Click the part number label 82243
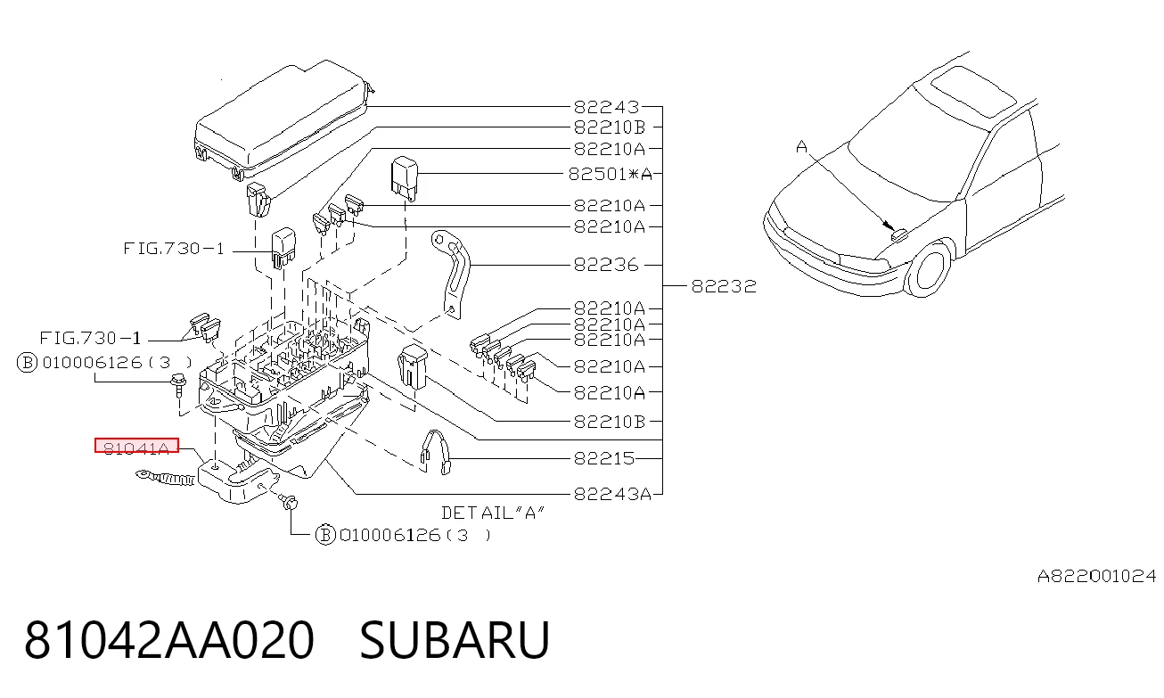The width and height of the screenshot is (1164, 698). [x=606, y=107]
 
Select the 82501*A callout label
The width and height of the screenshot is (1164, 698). [x=610, y=174]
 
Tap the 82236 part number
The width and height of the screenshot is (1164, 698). [x=606, y=265]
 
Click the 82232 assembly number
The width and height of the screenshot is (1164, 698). [x=724, y=286]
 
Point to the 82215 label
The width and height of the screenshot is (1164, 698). [x=604, y=458]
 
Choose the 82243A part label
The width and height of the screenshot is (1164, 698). [x=612, y=494]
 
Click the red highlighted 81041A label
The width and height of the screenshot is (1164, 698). [x=136, y=446]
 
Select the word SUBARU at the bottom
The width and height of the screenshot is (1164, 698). [x=455, y=640]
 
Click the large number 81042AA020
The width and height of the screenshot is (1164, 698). [x=169, y=640]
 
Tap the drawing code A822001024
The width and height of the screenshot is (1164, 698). [x=1097, y=576]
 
